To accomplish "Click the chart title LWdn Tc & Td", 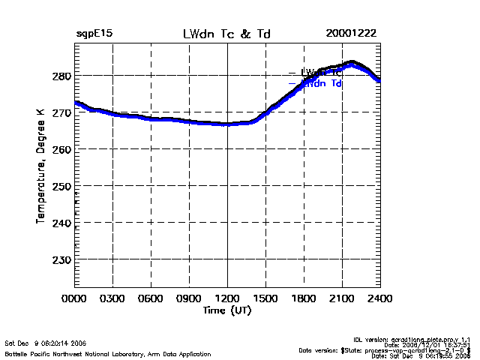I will pyautogui.click(x=226, y=34).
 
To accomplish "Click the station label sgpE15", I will pyautogui.click(x=94, y=34).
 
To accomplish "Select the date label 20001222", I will pyautogui.click(x=351, y=34).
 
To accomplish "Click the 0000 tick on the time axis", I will pyautogui.click(x=74, y=298).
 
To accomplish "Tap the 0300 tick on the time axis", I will pyautogui.click(x=112, y=298).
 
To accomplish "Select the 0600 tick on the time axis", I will pyautogui.click(x=151, y=298).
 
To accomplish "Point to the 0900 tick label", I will pyautogui.click(x=189, y=298).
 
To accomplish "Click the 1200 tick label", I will pyautogui.click(x=227, y=298).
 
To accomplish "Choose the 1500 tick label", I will pyautogui.click(x=265, y=298).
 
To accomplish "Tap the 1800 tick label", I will pyautogui.click(x=304, y=298).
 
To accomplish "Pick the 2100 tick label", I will pyautogui.click(x=342, y=298).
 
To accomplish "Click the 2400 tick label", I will pyautogui.click(x=379, y=298).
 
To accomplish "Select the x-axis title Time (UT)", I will pyautogui.click(x=226, y=310).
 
